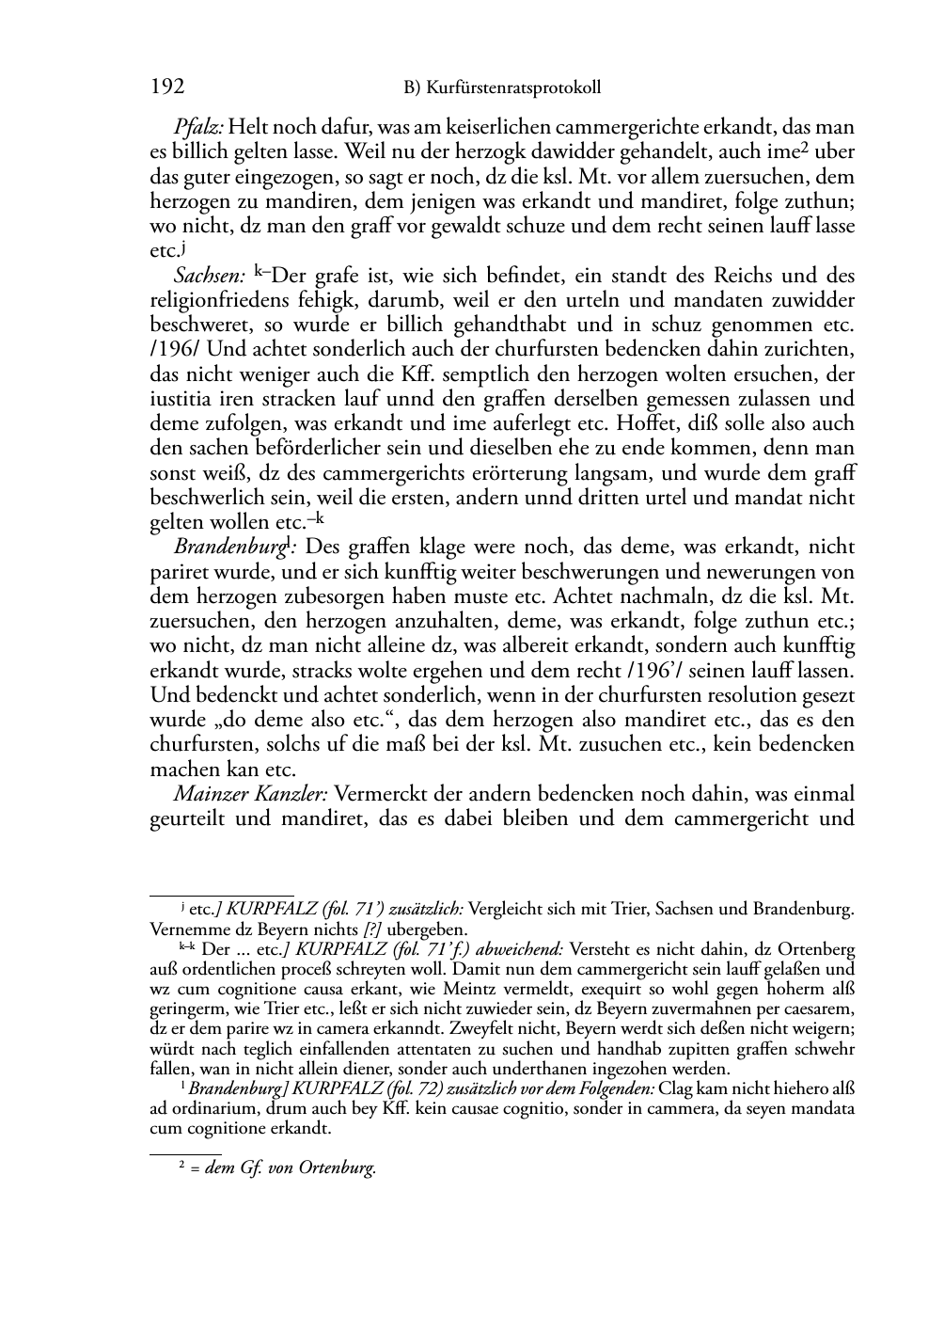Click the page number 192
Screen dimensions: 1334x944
166,87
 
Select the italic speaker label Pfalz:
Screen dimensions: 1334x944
198,126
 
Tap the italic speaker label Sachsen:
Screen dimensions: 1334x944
210,277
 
